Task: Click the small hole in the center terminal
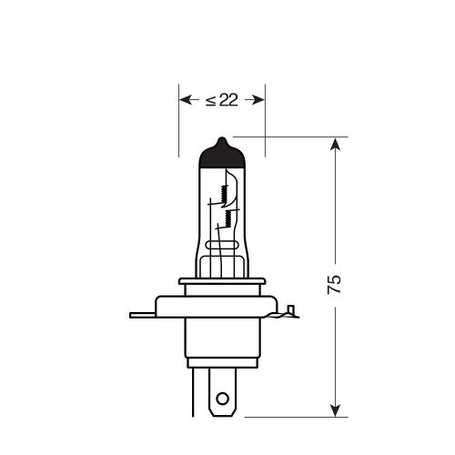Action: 222,398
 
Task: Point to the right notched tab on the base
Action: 289,313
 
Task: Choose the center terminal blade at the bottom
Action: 222,391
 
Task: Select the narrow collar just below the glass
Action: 222,286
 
